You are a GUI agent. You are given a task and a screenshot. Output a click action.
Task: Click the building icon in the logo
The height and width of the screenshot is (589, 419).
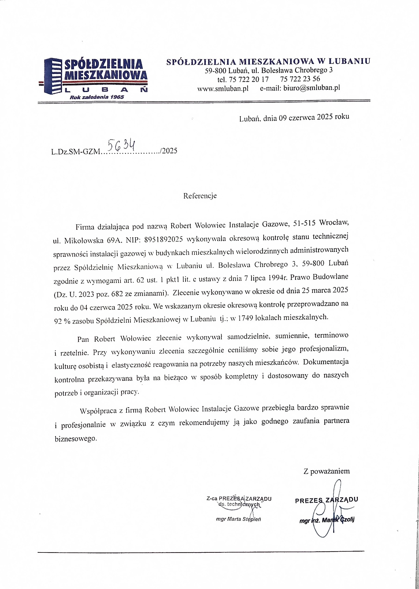tap(52, 76)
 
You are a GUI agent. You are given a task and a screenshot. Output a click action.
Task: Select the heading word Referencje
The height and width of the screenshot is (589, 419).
tap(200, 196)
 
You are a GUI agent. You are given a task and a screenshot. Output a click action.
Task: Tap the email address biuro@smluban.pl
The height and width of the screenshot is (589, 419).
tap(312, 88)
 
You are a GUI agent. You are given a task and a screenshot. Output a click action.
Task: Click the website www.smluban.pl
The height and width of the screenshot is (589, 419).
tap(223, 89)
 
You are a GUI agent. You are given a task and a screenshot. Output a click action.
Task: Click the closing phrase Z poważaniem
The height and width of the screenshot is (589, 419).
tap(326, 471)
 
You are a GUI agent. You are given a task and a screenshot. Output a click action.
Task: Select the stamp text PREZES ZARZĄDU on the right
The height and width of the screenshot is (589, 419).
tap(326, 500)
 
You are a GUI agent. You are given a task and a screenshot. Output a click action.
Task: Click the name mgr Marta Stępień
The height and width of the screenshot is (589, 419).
tap(238, 519)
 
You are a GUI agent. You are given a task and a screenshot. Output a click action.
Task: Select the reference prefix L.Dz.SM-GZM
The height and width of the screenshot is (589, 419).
tap(75, 152)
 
